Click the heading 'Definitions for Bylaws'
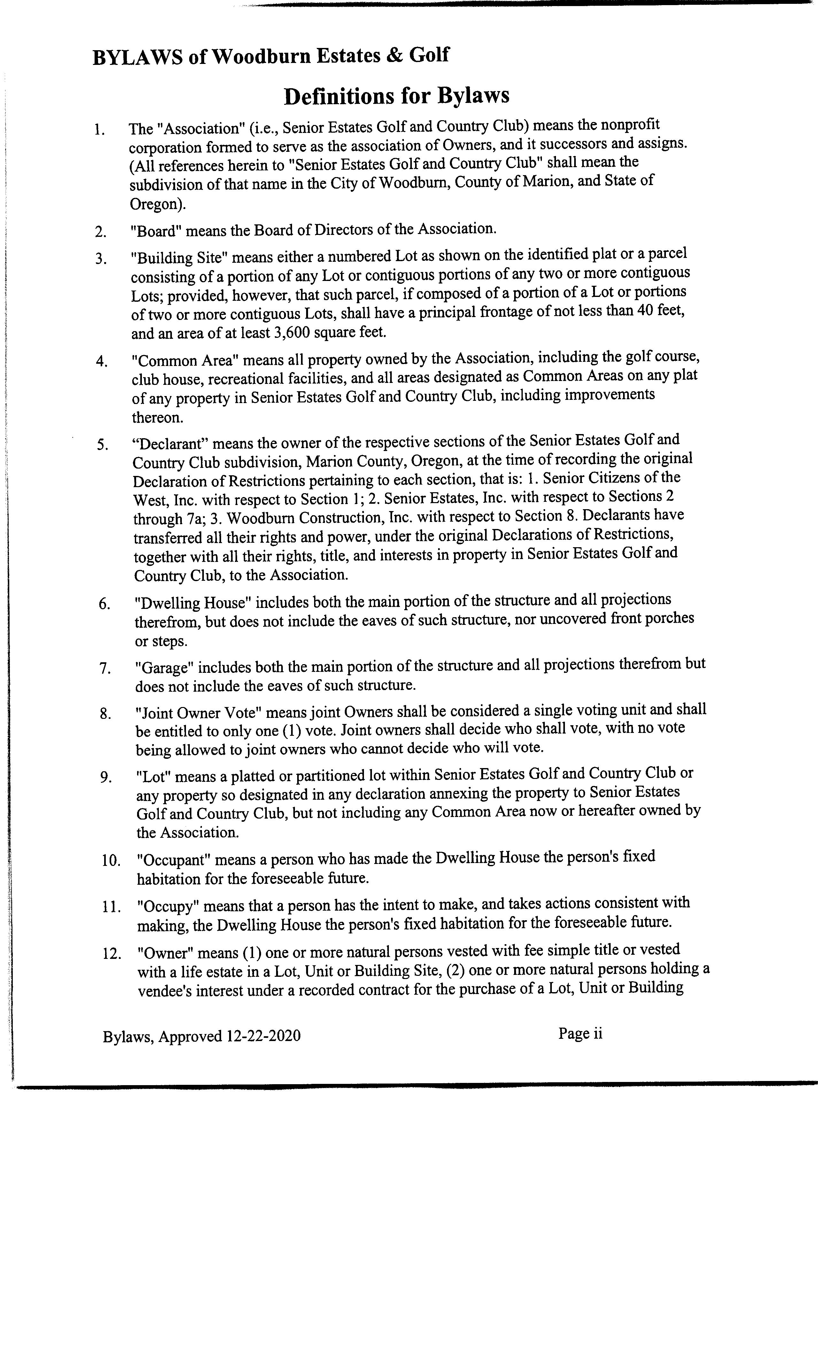pyautogui.click(x=397, y=96)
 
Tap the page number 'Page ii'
pyautogui.click(x=580, y=1033)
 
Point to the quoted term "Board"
pyautogui.click(x=156, y=231)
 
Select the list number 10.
pyautogui.click(x=111, y=861)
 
